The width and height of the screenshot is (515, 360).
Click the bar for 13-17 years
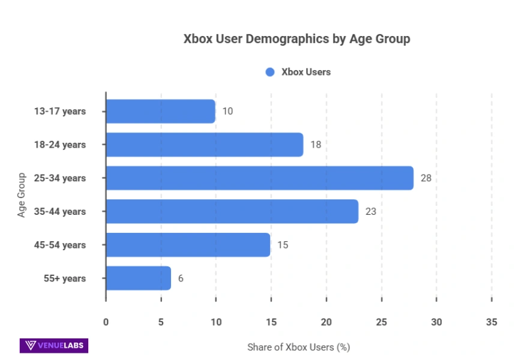[x=160, y=112]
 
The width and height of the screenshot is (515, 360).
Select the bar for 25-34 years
[x=259, y=178]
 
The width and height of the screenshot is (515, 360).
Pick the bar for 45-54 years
[x=188, y=245]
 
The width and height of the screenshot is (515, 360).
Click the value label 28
[x=426, y=178]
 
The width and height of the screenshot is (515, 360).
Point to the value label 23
[x=370, y=212]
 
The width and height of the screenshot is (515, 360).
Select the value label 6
[x=181, y=278]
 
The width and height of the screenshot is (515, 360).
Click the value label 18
[x=315, y=145]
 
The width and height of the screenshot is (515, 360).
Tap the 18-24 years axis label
[x=61, y=145]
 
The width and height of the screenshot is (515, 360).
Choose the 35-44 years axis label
[x=61, y=212]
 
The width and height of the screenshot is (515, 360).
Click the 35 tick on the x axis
[x=492, y=322]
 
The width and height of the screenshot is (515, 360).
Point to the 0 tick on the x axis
[x=106, y=322]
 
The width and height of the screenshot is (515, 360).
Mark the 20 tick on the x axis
[x=326, y=322]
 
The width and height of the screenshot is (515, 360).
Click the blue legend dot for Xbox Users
[x=270, y=72]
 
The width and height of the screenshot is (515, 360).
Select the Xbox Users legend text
[x=306, y=72]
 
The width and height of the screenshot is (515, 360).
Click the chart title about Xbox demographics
[x=297, y=39]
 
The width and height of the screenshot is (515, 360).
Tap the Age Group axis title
[x=22, y=195]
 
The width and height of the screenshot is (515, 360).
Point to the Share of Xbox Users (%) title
[x=298, y=347]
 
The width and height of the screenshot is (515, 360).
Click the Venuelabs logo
[x=54, y=346]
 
